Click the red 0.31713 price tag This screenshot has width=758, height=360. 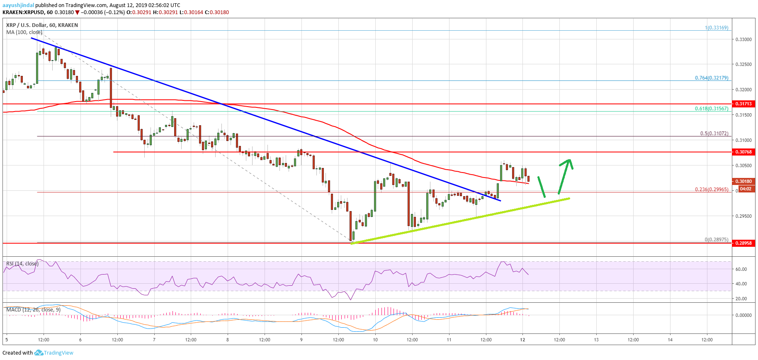pos(743,104)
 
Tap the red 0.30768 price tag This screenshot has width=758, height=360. pos(743,152)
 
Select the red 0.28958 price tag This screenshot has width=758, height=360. pos(743,243)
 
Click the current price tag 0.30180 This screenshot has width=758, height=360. pos(743,181)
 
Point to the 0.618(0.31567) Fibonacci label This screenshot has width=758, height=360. pos(712,109)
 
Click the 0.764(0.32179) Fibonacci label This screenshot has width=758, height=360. pos(712,78)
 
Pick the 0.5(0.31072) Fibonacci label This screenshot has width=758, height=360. pos(714,134)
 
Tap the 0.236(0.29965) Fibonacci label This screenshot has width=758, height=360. pos(712,190)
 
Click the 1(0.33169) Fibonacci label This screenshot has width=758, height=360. pos(717,28)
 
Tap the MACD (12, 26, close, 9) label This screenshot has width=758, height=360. pos(34,309)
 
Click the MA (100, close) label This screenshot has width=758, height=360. pos(24,32)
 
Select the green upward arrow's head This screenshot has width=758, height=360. pos(568,162)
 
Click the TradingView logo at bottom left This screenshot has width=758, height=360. pos(54,353)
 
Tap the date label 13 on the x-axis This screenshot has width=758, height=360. pos(596,340)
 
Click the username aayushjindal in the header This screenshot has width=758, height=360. pos(18,5)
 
